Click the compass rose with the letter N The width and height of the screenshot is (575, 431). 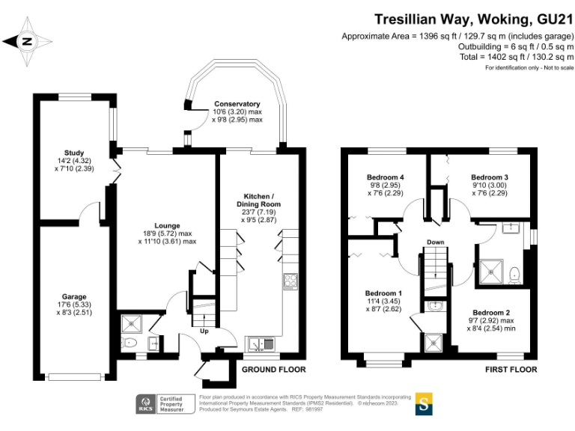[x=28, y=42]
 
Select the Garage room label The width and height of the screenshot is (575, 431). [x=74, y=297]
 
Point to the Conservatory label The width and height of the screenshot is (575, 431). [x=237, y=104]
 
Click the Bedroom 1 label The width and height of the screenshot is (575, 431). [x=383, y=293]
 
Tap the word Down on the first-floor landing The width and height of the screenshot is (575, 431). [x=436, y=242]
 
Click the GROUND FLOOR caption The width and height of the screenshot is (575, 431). [x=273, y=370]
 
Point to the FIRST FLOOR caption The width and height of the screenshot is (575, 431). [x=511, y=370]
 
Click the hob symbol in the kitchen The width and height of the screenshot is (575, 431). [x=290, y=282]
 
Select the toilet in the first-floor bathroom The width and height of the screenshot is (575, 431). [x=515, y=276]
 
